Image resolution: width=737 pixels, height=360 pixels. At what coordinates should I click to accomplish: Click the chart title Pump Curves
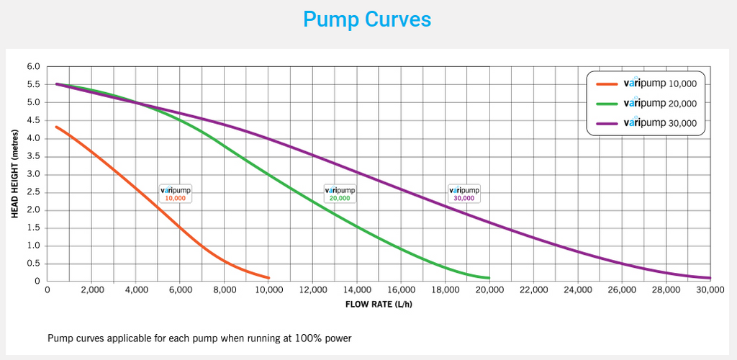pos(367,19)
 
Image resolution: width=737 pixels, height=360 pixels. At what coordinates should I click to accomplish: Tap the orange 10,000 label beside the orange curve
pos(176,193)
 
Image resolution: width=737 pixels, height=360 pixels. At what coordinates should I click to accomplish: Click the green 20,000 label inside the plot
pos(340,193)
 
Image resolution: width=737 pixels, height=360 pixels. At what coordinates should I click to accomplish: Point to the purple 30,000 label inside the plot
pos(464,193)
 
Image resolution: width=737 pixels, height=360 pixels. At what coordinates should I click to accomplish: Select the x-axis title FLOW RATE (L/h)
pos(379,304)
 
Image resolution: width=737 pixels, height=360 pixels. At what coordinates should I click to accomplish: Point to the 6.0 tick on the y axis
pos(33,66)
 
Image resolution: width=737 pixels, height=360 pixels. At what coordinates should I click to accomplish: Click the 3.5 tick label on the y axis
pos(33,156)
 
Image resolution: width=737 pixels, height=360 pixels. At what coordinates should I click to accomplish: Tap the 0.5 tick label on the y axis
pos(33,264)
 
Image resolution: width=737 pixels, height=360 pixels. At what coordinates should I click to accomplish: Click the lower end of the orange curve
pos(268,277)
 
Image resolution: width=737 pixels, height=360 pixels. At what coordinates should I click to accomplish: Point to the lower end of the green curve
pos(489,278)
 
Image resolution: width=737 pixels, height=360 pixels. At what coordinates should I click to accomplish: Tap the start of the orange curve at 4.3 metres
pos(57,127)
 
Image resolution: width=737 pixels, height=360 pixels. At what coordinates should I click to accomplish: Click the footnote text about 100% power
pos(199,337)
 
